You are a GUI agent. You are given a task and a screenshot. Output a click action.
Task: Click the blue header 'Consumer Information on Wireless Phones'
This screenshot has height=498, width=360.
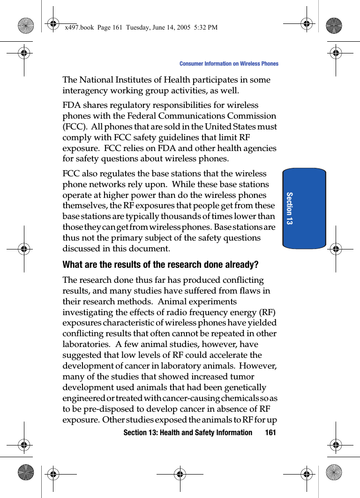coord(229,64)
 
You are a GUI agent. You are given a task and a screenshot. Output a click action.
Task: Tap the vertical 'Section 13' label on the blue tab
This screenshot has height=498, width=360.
coord(289,208)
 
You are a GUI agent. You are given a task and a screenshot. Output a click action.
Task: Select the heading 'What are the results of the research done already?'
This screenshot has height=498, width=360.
coord(160,264)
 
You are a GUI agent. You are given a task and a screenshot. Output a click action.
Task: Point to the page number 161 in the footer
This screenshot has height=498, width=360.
coord(270,432)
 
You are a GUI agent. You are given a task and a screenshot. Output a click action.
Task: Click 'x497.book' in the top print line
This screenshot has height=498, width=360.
coord(78,28)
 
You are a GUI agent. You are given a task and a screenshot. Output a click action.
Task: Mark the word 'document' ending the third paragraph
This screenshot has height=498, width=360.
coord(150,249)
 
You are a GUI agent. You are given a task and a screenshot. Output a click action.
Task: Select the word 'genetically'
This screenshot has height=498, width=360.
coord(243,387)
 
